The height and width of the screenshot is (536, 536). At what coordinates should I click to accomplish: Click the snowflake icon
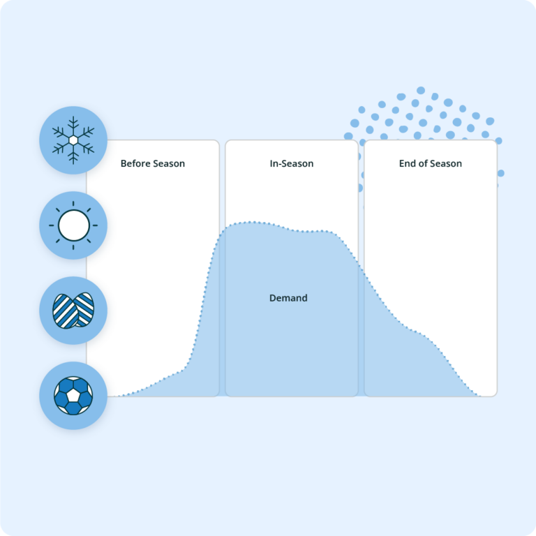(x=73, y=140)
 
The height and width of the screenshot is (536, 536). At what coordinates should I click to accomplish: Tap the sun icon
(x=73, y=225)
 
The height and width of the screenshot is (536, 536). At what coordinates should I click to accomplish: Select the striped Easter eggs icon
(x=73, y=311)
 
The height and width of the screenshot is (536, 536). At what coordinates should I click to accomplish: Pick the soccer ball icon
(x=73, y=396)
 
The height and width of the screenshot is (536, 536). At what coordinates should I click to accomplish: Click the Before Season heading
(x=153, y=164)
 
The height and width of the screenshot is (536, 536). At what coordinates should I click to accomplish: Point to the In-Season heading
(x=292, y=164)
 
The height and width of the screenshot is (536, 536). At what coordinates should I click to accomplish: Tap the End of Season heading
(x=431, y=164)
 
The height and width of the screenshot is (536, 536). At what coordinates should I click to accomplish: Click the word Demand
(x=288, y=298)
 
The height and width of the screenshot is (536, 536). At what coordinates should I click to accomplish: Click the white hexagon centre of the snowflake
(x=73, y=140)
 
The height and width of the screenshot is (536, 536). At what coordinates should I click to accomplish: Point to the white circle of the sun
(x=73, y=225)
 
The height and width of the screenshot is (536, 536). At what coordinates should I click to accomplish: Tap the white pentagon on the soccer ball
(x=73, y=396)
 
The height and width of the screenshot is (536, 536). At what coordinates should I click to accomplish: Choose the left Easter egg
(x=64, y=311)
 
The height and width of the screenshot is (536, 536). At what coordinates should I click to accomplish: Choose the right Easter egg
(x=83, y=310)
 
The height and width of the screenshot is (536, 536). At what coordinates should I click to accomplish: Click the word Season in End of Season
(x=446, y=164)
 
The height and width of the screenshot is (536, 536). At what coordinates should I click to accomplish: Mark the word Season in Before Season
(x=169, y=164)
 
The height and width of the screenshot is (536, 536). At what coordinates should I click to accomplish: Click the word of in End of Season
(x=424, y=164)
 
